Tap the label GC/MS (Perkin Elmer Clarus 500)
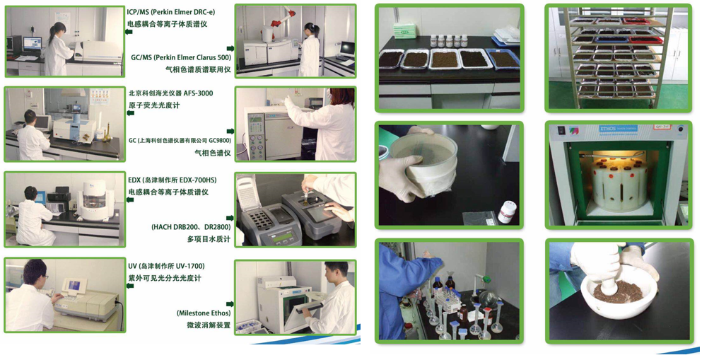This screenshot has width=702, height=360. (x=181, y=57)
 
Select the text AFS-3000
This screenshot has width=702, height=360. (x=199, y=93)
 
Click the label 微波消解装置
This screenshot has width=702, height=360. (x=209, y=325)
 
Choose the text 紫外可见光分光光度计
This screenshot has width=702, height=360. (x=165, y=278)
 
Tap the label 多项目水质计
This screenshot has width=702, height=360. (x=209, y=239)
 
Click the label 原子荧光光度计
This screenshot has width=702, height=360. (x=154, y=105)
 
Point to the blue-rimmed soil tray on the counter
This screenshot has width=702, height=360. (x=503, y=58)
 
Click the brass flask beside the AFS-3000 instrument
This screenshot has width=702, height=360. (x=107, y=134)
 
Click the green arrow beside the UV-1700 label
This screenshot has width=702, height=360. (x=129, y=285)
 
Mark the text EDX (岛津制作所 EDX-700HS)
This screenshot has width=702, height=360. (x=172, y=180)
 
